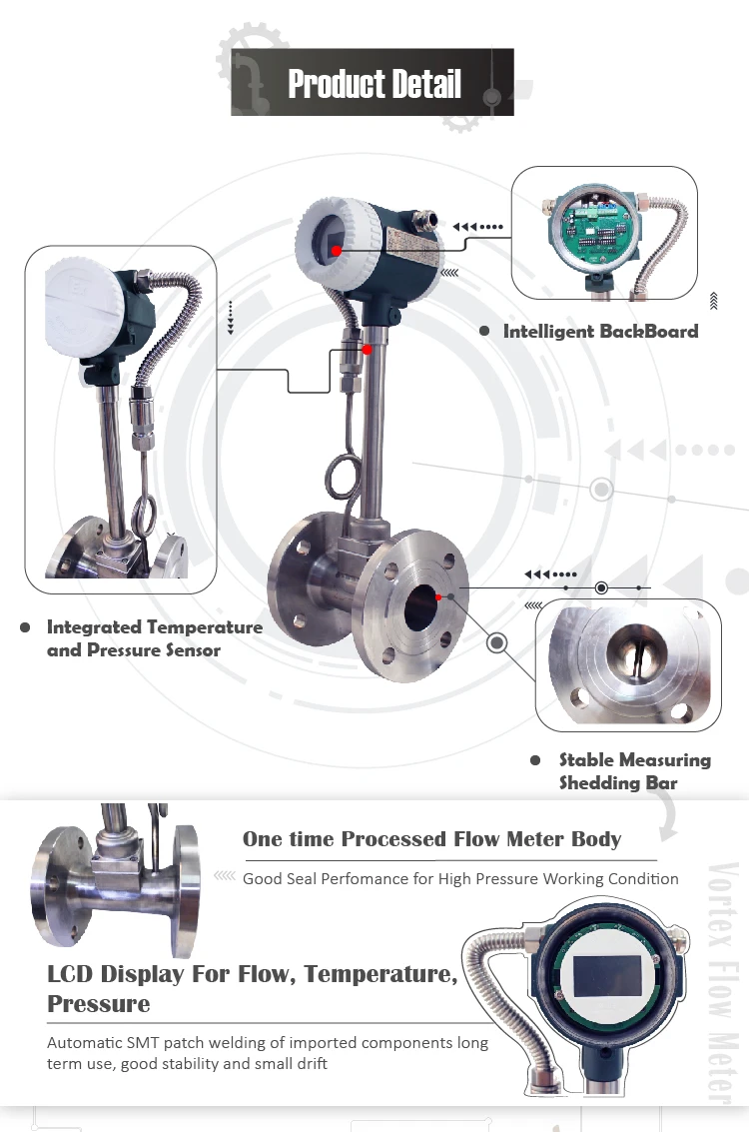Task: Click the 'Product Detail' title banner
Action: click(x=374, y=84)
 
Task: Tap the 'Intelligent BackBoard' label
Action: click(x=600, y=331)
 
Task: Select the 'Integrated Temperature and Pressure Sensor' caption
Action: click(x=155, y=638)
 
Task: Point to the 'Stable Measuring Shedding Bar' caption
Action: click(x=634, y=770)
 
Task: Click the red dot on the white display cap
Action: click(x=338, y=250)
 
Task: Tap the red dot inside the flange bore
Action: click(x=437, y=596)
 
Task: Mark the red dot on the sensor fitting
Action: click(x=368, y=349)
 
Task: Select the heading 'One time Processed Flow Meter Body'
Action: click(x=431, y=839)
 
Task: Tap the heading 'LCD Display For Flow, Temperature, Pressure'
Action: click(x=252, y=987)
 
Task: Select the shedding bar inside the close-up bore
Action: click(x=631, y=653)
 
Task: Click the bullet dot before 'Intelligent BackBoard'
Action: click(x=484, y=331)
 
